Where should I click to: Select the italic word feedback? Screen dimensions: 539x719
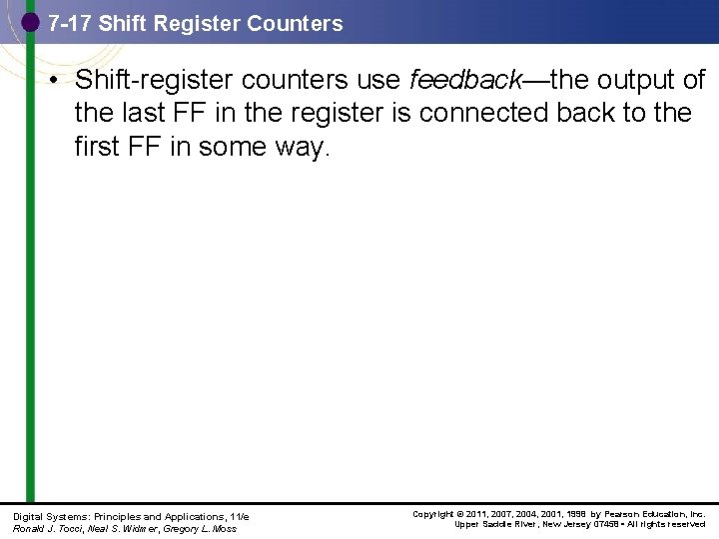pos(462,80)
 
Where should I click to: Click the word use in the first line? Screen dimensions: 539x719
pos(380,80)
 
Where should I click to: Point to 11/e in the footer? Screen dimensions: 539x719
pos(239,516)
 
